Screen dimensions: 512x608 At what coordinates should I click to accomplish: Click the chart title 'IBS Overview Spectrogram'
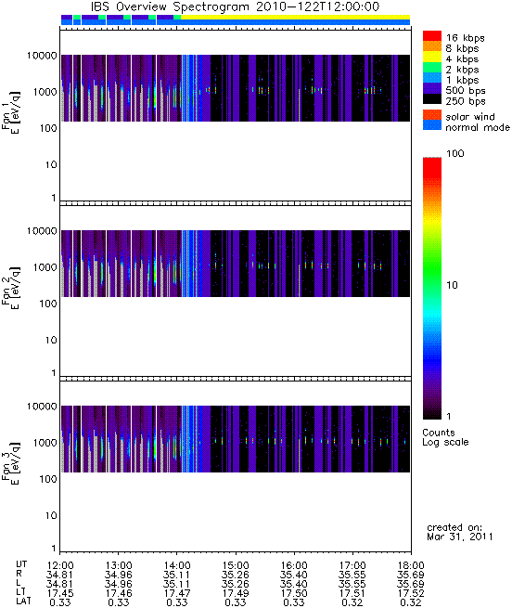coord(170,7)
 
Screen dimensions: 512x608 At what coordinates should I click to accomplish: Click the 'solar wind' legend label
coord(470,117)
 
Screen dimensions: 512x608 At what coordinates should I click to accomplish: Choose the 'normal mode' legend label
coord(478,127)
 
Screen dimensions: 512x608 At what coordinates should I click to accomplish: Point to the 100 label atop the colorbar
coord(455,153)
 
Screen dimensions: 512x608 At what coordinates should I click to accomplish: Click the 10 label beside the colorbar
coord(453,285)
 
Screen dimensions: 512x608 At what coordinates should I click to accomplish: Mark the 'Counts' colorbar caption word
coord(439,433)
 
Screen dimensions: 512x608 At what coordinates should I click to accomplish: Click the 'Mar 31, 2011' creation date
coord(460,537)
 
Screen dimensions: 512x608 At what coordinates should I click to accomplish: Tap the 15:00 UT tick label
coord(236,565)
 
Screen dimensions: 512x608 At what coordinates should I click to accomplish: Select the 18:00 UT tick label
coord(411,565)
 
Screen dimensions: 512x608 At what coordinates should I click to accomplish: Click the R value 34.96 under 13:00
coord(118,575)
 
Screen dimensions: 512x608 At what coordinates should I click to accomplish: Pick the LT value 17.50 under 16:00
coord(294,593)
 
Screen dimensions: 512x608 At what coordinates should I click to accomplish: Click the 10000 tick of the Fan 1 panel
coord(42,56)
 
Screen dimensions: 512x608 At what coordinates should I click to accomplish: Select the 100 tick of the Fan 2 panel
coord(48,304)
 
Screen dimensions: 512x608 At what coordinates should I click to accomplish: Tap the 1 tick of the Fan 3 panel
coord(54,549)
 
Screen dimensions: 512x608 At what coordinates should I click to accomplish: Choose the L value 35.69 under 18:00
coord(411,584)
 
